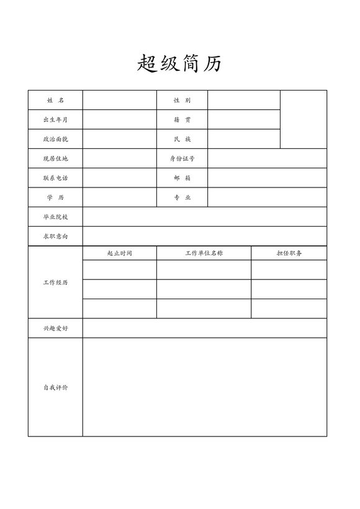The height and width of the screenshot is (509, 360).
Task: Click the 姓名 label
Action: pyautogui.click(x=55, y=101)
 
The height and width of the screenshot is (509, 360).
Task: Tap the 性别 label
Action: pyautogui.click(x=182, y=101)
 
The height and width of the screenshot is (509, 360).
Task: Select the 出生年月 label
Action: pyautogui.click(x=55, y=120)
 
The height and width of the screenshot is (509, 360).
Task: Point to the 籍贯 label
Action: pyautogui.click(x=182, y=120)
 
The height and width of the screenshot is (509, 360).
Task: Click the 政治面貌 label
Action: pyautogui.click(x=55, y=139)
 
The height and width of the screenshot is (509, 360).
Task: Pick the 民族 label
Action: pyautogui.click(x=182, y=139)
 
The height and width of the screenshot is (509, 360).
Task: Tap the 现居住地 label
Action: pyautogui.click(x=55, y=159)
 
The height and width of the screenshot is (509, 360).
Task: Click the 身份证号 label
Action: pyautogui.click(x=182, y=159)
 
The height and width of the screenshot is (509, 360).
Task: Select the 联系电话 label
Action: pyautogui.click(x=55, y=178)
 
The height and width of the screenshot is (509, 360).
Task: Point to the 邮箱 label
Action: pyautogui.click(x=182, y=178)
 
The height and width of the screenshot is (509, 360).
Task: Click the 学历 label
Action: pyautogui.click(x=55, y=197)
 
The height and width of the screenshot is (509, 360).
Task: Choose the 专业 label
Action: pyautogui.click(x=182, y=197)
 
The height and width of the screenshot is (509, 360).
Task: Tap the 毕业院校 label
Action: pyautogui.click(x=55, y=217)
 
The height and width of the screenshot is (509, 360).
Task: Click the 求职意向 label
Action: pyautogui.click(x=55, y=236)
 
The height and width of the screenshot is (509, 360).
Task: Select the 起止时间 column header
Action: pyautogui.click(x=119, y=253)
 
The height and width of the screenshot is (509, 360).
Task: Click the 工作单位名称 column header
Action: pyautogui.click(x=204, y=253)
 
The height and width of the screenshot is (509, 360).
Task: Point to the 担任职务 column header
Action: pyautogui.click(x=289, y=253)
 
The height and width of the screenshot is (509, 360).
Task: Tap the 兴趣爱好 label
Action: pyautogui.click(x=55, y=328)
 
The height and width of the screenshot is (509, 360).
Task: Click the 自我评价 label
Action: pyautogui.click(x=55, y=387)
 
